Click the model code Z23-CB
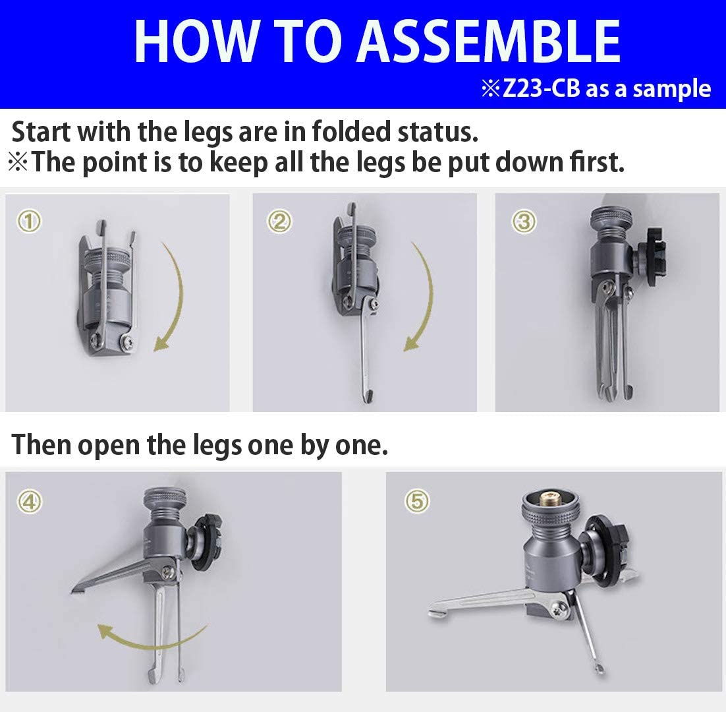(540, 89)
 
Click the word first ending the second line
(592, 162)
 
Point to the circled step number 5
(417, 502)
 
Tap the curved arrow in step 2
(422, 297)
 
